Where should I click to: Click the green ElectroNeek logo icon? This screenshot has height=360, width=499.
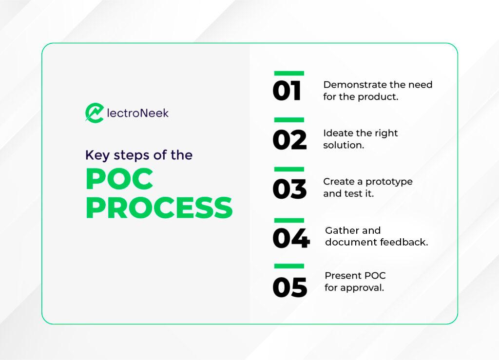[x=95, y=113]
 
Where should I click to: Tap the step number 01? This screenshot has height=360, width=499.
[x=287, y=91]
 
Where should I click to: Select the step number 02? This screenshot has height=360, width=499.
[x=289, y=140]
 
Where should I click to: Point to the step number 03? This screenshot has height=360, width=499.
[x=289, y=189]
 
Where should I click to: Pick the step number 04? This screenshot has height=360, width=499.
[x=291, y=238]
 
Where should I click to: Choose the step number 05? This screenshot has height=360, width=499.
[x=290, y=287]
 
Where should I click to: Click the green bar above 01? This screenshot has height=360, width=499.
[x=289, y=74]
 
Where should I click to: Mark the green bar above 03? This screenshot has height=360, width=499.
[x=289, y=169]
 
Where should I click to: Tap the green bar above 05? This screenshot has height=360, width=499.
[x=289, y=266]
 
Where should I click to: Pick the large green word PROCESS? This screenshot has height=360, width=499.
[x=159, y=208]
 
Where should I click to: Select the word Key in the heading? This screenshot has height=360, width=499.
[x=97, y=155]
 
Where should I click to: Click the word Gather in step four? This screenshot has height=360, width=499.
[x=338, y=230]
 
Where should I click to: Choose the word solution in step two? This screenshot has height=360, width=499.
[x=344, y=145]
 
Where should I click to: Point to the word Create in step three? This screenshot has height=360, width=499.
[x=339, y=181]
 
